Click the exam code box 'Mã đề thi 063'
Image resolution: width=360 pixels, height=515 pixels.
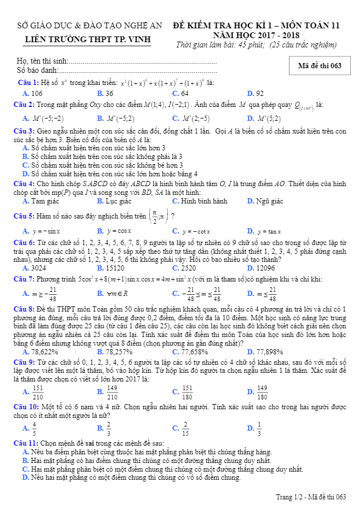coord(320,65)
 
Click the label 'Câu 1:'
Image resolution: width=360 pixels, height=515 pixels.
coord(28,83)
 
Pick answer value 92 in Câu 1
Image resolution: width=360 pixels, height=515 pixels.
coord(259,93)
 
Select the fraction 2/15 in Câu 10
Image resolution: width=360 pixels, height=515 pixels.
coord(185,428)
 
